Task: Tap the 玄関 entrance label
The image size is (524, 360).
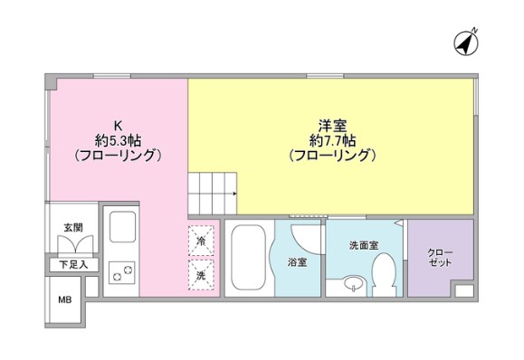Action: pyautogui.click(x=72, y=227)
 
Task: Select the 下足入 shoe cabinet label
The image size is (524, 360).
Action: pyautogui.click(x=72, y=265)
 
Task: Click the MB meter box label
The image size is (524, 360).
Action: pyautogui.click(x=64, y=299)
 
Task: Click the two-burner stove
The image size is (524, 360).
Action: pyautogui.click(x=121, y=270)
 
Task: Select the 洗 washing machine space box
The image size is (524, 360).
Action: pyautogui.click(x=202, y=271)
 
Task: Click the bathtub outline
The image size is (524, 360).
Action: pyautogui.click(x=246, y=259)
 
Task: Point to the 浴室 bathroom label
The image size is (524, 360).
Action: pyautogui.click(x=296, y=261)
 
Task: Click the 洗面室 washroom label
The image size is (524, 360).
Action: pyautogui.click(x=362, y=245)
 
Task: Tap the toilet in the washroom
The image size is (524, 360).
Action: pyautogui.click(x=383, y=272)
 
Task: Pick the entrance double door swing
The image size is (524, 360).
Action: pyautogui.click(x=73, y=245)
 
